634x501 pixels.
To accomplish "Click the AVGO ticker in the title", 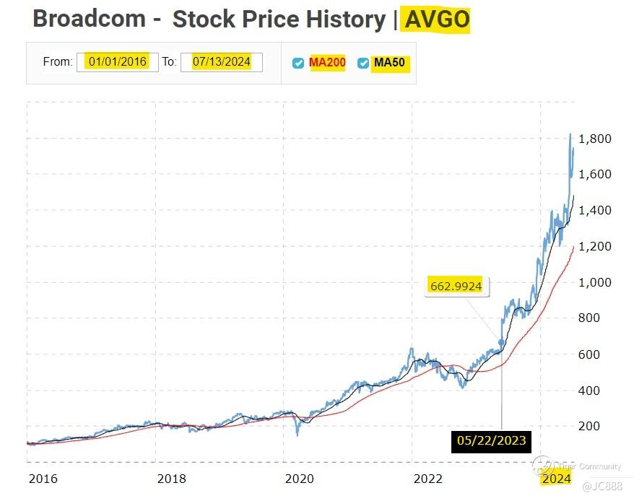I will point(436,19).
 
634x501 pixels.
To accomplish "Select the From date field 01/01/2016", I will point(117,62).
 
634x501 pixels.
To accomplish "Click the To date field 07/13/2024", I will point(221,62).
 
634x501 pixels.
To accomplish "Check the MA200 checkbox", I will point(298,64).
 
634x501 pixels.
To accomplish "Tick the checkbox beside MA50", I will point(363,64).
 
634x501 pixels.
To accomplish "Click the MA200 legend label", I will point(327,63).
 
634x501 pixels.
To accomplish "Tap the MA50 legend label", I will point(390,63).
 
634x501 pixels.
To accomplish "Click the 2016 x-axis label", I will point(43,479).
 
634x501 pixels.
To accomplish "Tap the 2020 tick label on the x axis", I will point(299,479).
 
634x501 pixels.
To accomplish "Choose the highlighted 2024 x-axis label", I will point(556,479).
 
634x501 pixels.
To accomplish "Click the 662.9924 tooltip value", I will point(456,286).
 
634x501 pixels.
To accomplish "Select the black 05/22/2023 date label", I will point(491,440).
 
